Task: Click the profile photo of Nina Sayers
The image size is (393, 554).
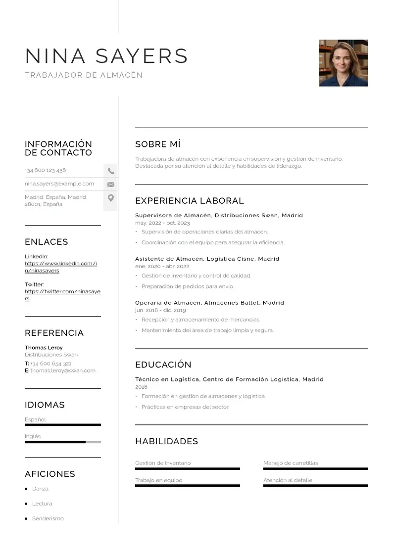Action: pyautogui.click(x=343, y=63)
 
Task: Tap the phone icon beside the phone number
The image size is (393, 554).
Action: pyautogui.click(x=111, y=171)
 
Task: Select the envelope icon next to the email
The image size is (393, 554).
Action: pyautogui.click(x=111, y=185)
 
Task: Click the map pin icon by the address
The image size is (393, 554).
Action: pyautogui.click(x=111, y=198)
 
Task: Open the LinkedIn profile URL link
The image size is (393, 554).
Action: pyautogui.click(x=60, y=267)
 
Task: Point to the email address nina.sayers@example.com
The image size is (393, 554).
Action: pyautogui.click(x=59, y=184)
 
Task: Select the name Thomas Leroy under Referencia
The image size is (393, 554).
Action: pyautogui.click(x=44, y=348)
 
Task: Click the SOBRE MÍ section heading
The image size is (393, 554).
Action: pyautogui.click(x=158, y=144)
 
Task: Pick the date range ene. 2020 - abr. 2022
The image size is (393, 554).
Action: pyautogui.click(x=162, y=267)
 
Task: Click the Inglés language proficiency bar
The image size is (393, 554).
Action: pyautogui.click(x=62, y=442)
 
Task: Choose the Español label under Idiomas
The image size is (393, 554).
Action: pyautogui.click(x=35, y=420)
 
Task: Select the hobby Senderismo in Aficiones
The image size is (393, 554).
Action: pyautogui.click(x=48, y=519)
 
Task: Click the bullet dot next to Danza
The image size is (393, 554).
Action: pyautogui.click(x=26, y=489)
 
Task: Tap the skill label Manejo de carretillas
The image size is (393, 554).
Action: pyautogui.click(x=291, y=463)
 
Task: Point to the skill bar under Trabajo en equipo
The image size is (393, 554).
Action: pyautogui.click(x=187, y=486)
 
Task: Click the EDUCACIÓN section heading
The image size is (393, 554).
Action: pyautogui.click(x=163, y=365)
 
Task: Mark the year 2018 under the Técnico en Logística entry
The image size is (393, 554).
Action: pyautogui.click(x=141, y=387)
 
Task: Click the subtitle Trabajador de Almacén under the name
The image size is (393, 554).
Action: pyautogui.click(x=84, y=75)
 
